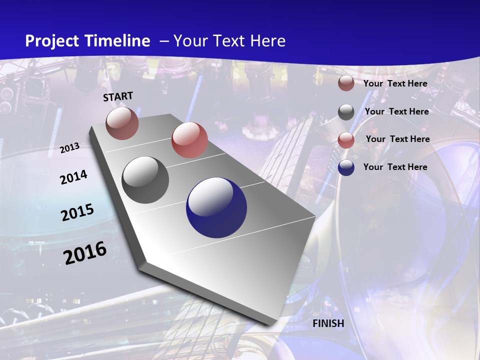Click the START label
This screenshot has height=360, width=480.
click(118, 96)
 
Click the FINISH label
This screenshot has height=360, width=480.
click(328, 323)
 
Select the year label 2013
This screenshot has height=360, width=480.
click(70, 148)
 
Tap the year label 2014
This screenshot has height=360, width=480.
click(73, 177)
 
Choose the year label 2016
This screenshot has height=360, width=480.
click(85, 253)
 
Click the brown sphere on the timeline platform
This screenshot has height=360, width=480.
click(122, 123)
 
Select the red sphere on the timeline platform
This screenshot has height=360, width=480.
click(189, 140)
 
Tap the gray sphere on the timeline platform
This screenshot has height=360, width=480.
click(145, 180)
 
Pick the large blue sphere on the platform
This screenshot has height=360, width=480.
click(216, 208)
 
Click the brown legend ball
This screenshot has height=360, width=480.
click(346, 83)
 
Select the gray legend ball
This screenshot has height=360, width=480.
click(346, 112)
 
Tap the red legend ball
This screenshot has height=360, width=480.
click(346, 139)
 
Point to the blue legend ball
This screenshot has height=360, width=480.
click(346, 167)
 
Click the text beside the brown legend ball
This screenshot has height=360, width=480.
click(395, 83)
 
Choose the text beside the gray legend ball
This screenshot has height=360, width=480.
click(396, 111)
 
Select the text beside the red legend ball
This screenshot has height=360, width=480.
click(397, 139)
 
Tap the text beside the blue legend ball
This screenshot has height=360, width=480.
click(395, 167)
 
